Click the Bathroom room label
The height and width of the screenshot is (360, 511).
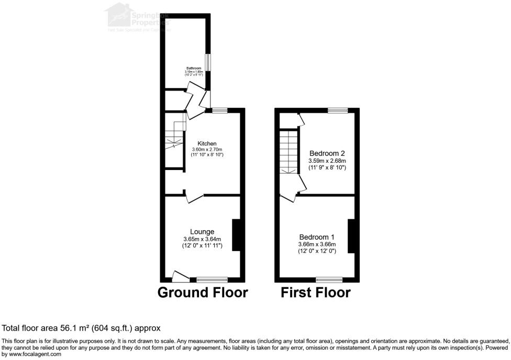tap(194, 68)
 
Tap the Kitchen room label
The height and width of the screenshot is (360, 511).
tap(207, 143)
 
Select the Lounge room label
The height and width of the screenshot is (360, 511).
tap(202, 232)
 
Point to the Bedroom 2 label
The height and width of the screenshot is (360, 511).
tap(327, 153)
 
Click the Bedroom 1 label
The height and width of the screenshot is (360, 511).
tap(317, 237)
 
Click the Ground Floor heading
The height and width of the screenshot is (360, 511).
tap(203, 292)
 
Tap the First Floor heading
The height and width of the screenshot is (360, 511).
tap(316, 292)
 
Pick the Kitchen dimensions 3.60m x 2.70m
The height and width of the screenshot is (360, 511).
tap(207, 150)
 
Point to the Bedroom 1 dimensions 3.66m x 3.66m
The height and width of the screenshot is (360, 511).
tap(317, 244)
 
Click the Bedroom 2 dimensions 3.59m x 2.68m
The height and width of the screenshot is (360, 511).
tap(327, 161)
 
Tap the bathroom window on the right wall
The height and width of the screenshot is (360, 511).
tap(208, 62)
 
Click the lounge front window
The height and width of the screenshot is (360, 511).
tap(212, 279)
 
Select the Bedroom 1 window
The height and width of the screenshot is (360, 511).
tap(329, 279)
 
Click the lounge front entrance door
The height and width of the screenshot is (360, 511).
tap(181, 275)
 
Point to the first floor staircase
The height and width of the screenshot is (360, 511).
tap(288, 152)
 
